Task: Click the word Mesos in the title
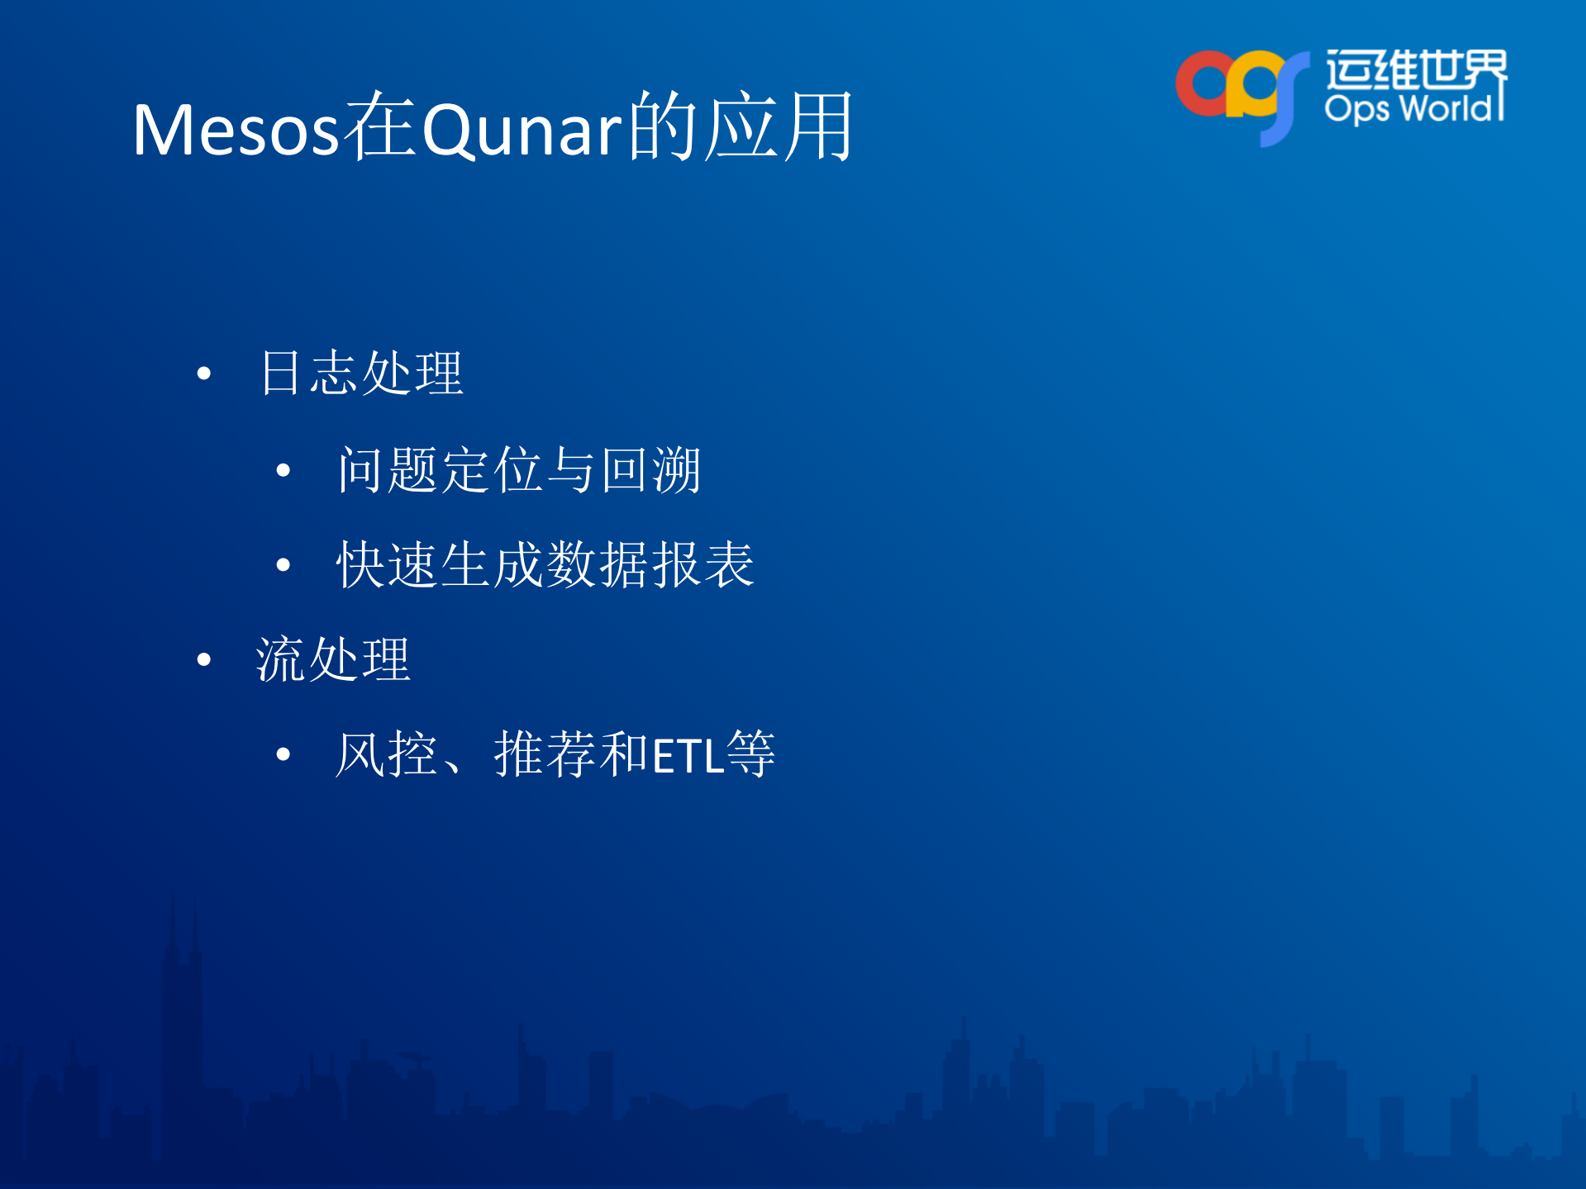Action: click(236, 130)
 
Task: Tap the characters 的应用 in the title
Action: click(741, 126)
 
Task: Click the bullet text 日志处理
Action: click(361, 373)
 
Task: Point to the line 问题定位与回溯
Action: click(519, 469)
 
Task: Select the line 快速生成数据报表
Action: click(545, 564)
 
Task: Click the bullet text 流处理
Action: click(333, 659)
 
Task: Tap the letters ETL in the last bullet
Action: click(688, 756)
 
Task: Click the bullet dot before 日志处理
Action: click(204, 373)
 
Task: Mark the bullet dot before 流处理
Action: click(204, 659)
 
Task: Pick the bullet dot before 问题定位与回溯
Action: click(283, 471)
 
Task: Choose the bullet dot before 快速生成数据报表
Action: click(283, 565)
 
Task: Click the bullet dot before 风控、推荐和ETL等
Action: click(283, 754)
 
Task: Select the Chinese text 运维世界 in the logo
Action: click(1417, 69)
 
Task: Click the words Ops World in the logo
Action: click(1412, 108)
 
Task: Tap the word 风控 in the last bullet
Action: click(386, 754)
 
